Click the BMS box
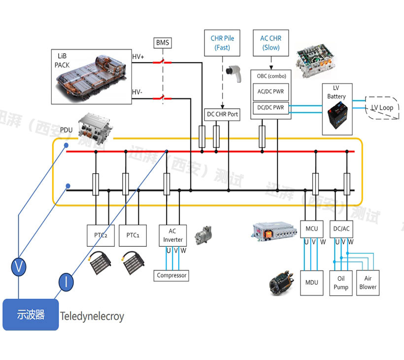[163, 43]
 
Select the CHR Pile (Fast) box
[222, 42]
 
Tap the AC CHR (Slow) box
[271, 42]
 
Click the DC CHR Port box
[222, 114]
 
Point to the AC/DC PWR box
[271, 91]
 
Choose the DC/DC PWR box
[271, 107]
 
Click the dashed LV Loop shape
[382, 107]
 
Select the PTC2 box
[101, 234]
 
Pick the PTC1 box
[133, 234]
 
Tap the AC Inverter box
[172, 235]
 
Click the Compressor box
[171, 275]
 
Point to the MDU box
[311, 282]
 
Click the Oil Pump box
[341, 282]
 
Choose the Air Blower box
[368, 282]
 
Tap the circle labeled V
[19, 268]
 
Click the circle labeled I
[66, 282]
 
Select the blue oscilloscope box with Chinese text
[31, 314]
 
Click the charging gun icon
[231, 71]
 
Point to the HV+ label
[138, 57]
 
